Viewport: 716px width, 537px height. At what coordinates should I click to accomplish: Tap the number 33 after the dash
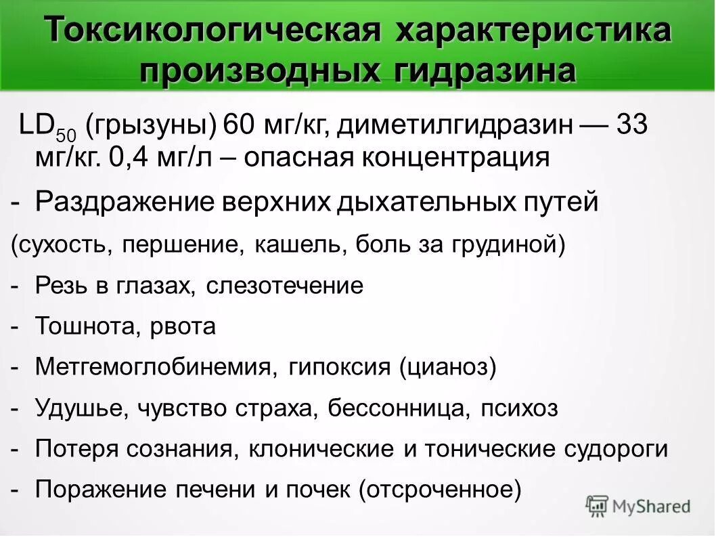coord(632,126)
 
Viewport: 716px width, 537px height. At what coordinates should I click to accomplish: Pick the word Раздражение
coord(116,202)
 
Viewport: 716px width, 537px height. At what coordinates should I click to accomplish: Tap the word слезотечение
coord(284,286)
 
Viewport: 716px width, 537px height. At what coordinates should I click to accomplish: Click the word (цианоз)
coord(448,368)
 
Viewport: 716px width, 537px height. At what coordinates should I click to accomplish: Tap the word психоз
coord(519,409)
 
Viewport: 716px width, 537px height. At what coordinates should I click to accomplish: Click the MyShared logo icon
coord(598,506)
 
